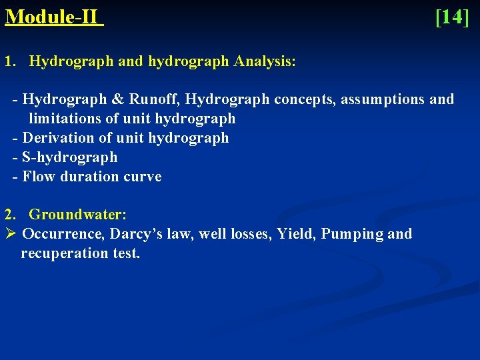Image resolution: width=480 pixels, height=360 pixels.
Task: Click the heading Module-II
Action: pos(53,17)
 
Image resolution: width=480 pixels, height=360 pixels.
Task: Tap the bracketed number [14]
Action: pos(452,17)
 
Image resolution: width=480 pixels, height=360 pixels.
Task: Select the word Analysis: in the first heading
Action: pos(265,62)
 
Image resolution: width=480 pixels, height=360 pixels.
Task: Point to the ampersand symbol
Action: pos(117,100)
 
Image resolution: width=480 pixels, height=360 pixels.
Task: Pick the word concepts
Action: pos(305,100)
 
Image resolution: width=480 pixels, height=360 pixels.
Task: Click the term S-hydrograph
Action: pos(70,157)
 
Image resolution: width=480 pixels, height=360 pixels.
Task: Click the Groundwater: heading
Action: pos(78,215)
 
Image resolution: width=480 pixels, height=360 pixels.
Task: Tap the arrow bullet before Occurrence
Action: pos(10,234)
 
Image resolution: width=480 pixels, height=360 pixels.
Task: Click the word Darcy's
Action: pos(135,234)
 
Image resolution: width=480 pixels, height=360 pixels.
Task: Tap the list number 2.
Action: pos(9,215)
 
